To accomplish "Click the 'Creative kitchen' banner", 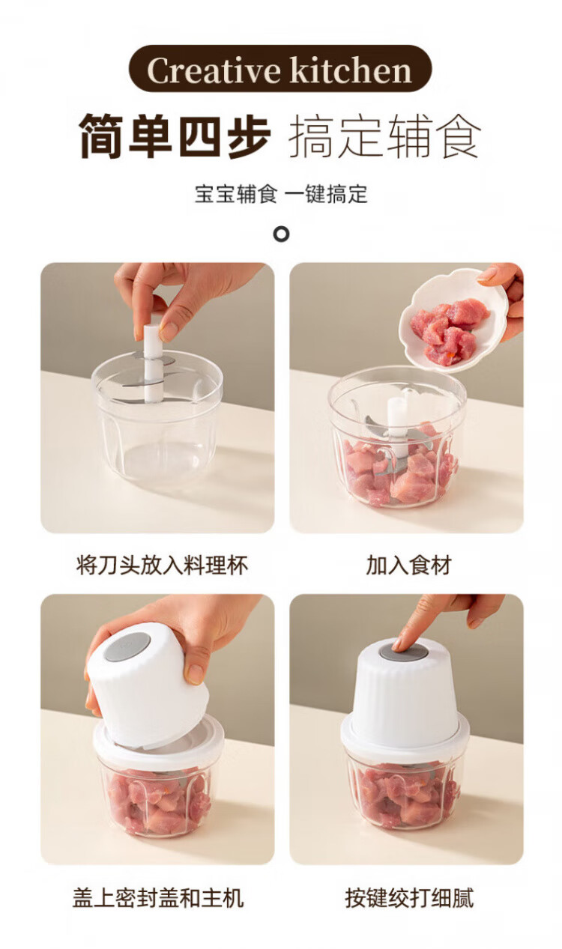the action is [x=280, y=69].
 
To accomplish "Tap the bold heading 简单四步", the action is [x=175, y=136].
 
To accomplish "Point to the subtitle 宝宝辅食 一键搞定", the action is [x=281, y=194].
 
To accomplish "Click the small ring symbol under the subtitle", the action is [x=281, y=234].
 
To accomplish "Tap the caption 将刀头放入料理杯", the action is [x=161, y=565].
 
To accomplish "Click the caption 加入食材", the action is [x=408, y=565].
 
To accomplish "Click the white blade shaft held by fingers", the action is [x=151, y=363].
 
